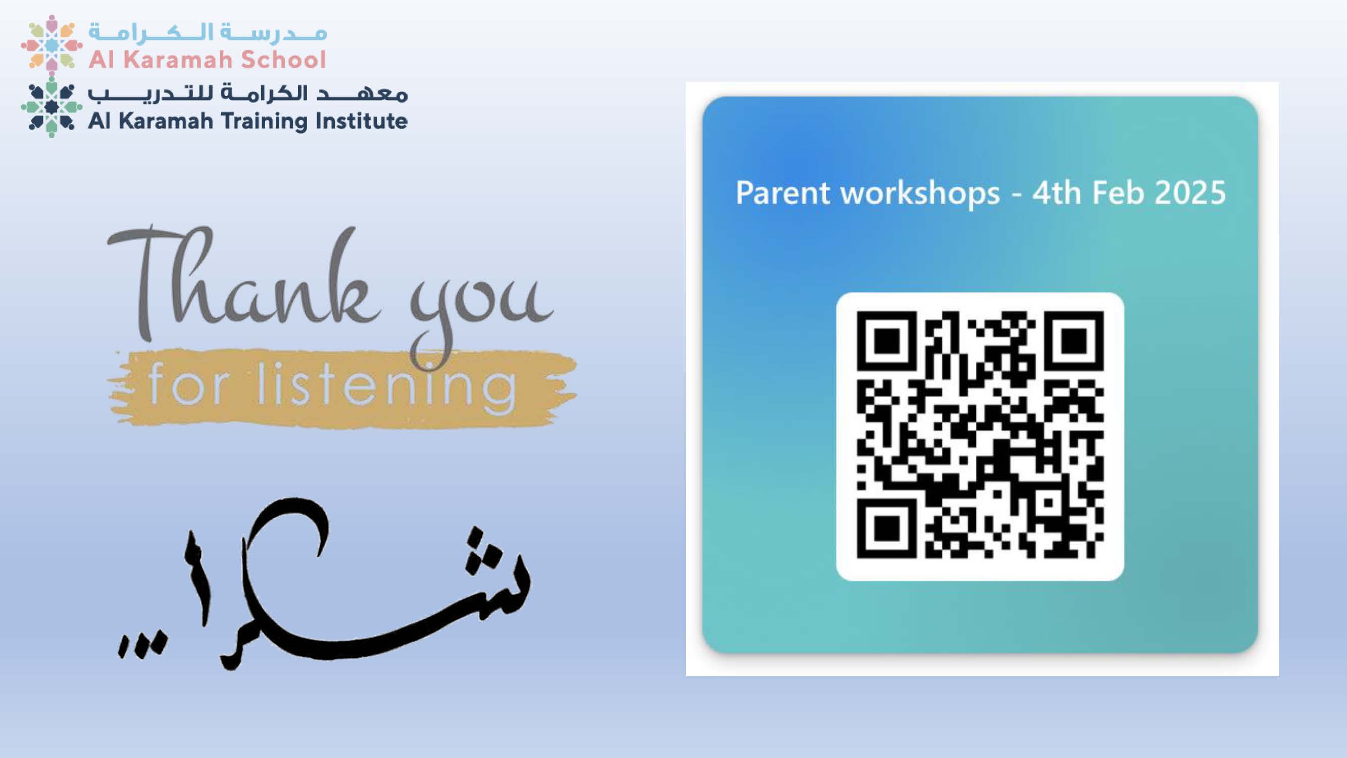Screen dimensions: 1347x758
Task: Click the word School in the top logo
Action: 283,59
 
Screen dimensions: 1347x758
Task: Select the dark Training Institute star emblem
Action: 51,106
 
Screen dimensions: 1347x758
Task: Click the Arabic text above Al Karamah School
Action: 208,32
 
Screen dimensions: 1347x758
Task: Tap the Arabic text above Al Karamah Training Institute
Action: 247,93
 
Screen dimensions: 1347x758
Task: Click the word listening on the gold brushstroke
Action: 387,387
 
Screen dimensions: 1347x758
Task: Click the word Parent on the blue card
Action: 783,193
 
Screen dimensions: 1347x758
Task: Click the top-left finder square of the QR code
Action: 887,342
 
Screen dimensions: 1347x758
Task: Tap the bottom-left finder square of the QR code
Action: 887,528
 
